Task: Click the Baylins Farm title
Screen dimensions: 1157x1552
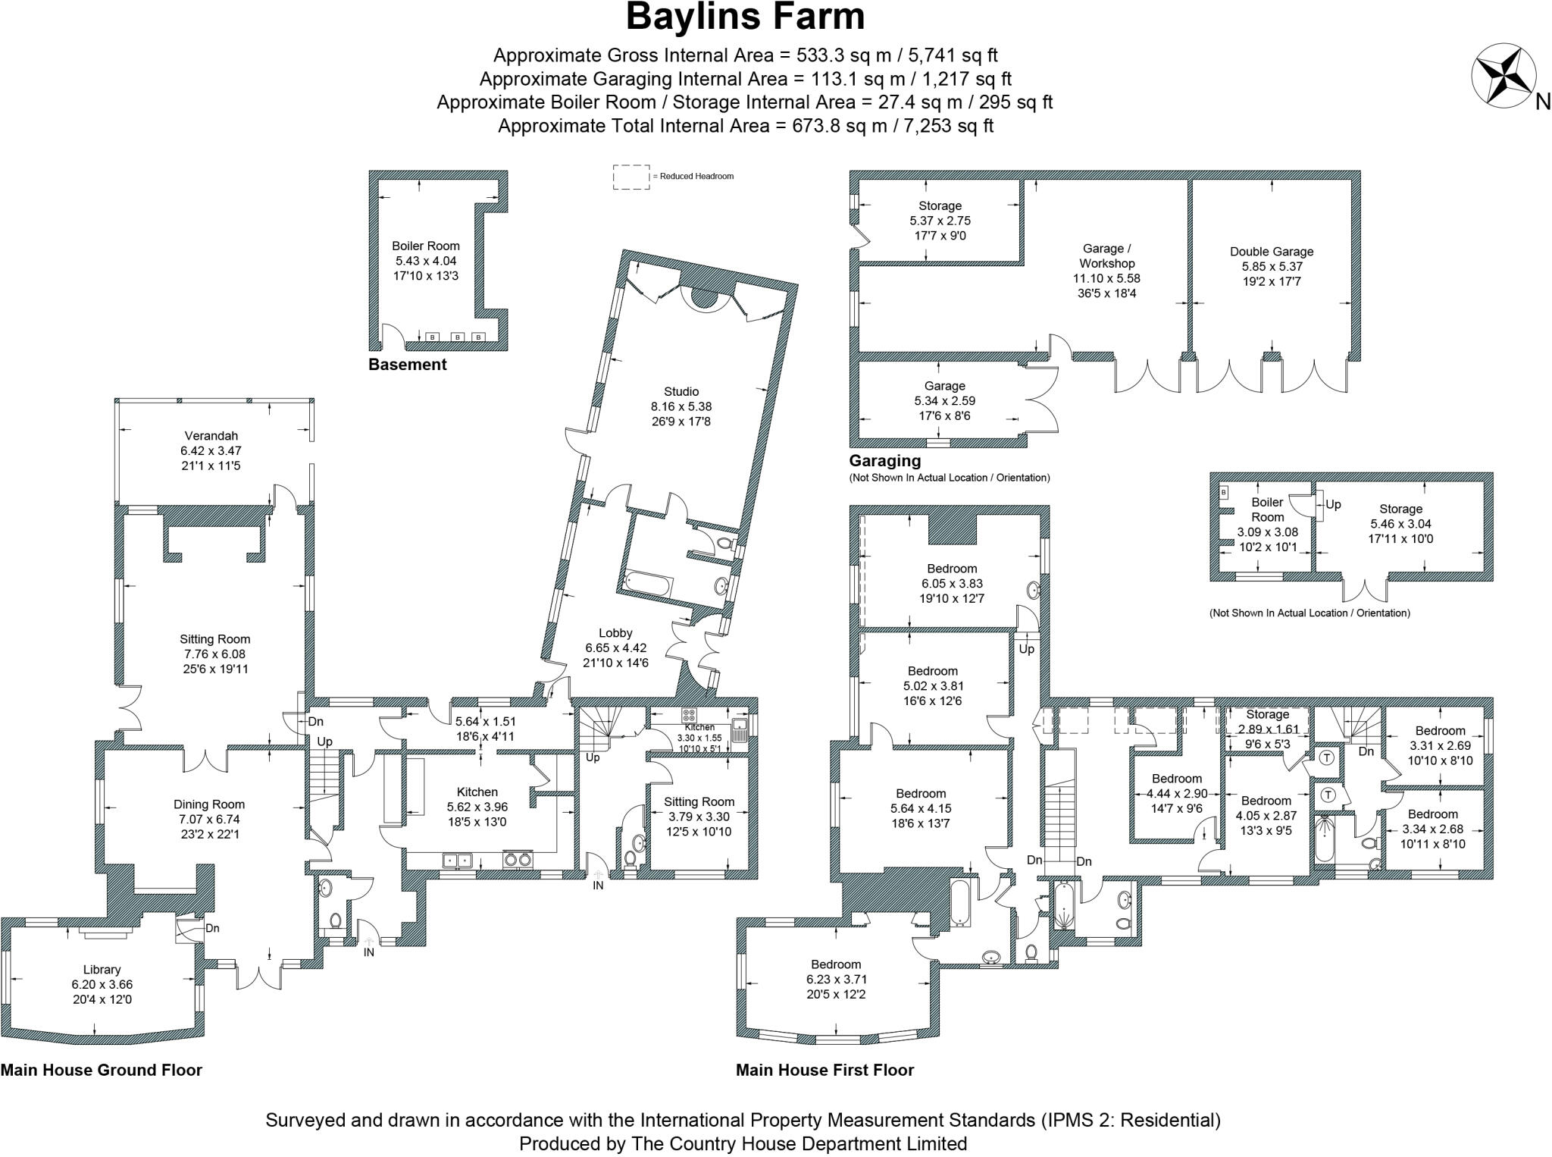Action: pyautogui.click(x=745, y=17)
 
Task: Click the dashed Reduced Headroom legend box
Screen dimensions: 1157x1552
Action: pyautogui.click(x=630, y=177)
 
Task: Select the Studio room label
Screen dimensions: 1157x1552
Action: pyautogui.click(x=681, y=392)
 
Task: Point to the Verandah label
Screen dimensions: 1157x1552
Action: pyautogui.click(x=211, y=436)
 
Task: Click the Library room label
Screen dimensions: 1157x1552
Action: pyautogui.click(x=102, y=970)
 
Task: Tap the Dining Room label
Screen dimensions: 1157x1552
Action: pyautogui.click(x=209, y=804)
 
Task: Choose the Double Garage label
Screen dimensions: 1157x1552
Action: pyautogui.click(x=1271, y=252)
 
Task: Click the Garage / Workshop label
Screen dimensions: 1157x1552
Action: pyautogui.click(x=1106, y=256)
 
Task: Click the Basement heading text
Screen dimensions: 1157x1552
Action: pyautogui.click(x=407, y=365)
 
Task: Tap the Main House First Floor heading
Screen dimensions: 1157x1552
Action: pyautogui.click(x=824, y=1070)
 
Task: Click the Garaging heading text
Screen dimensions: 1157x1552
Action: pyautogui.click(x=884, y=460)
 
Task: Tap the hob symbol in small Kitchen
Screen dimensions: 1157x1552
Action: pyautogui.click(x=690, y=714)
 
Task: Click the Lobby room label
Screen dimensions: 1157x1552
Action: pyautogui.click(x=615, y=633)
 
